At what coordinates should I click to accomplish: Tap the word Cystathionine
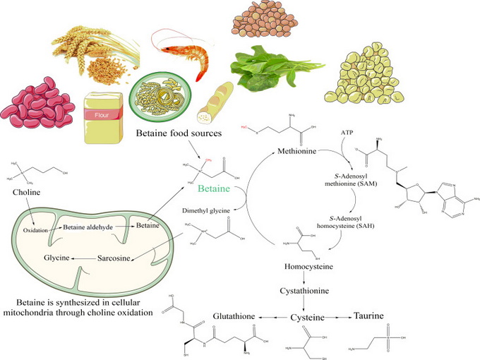[304, 290]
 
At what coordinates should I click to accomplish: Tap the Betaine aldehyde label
[88, 227]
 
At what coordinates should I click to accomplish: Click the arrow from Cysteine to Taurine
[338, 318]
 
